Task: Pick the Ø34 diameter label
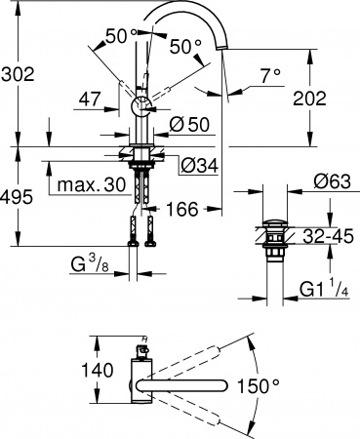(x=199, y=165)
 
